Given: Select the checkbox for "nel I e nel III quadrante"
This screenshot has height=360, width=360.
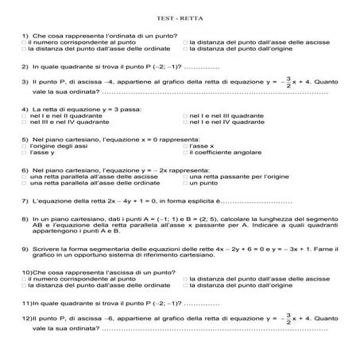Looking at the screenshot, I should [x=186, y=114].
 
